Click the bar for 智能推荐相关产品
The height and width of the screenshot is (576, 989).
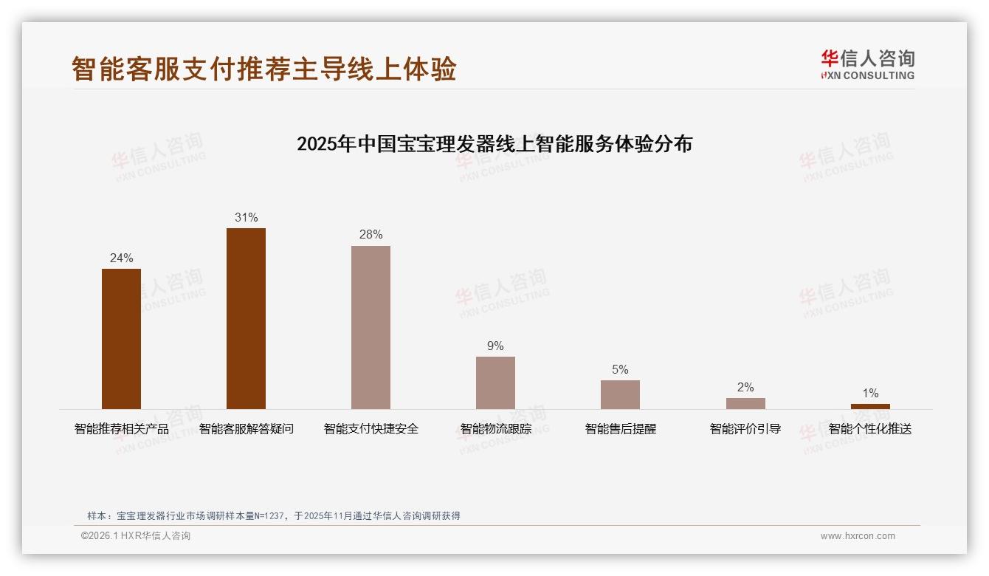121,338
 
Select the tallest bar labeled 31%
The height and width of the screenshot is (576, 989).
246,318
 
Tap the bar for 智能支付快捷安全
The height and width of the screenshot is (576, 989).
371,327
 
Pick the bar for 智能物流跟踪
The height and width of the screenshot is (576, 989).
495,383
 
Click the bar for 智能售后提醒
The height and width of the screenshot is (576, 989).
620,394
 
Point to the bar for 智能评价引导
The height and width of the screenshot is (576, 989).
745,403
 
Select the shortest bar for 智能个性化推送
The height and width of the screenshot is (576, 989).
870,406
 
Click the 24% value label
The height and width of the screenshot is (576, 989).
121,258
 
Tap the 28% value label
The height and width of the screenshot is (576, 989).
371,235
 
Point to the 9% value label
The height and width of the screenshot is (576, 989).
495,346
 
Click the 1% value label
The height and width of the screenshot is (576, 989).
870,394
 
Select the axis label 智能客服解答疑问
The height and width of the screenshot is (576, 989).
246,429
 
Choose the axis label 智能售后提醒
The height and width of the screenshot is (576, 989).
620,429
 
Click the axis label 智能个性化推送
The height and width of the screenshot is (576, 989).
870,429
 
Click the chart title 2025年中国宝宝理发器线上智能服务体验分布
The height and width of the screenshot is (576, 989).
494,144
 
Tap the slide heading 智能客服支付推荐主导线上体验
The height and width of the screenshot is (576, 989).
264,69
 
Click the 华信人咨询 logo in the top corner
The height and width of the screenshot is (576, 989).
867,64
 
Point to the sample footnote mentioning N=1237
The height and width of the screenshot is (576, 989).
274,516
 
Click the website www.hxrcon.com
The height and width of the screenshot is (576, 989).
858,536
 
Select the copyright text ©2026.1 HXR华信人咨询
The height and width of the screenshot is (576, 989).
136,536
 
